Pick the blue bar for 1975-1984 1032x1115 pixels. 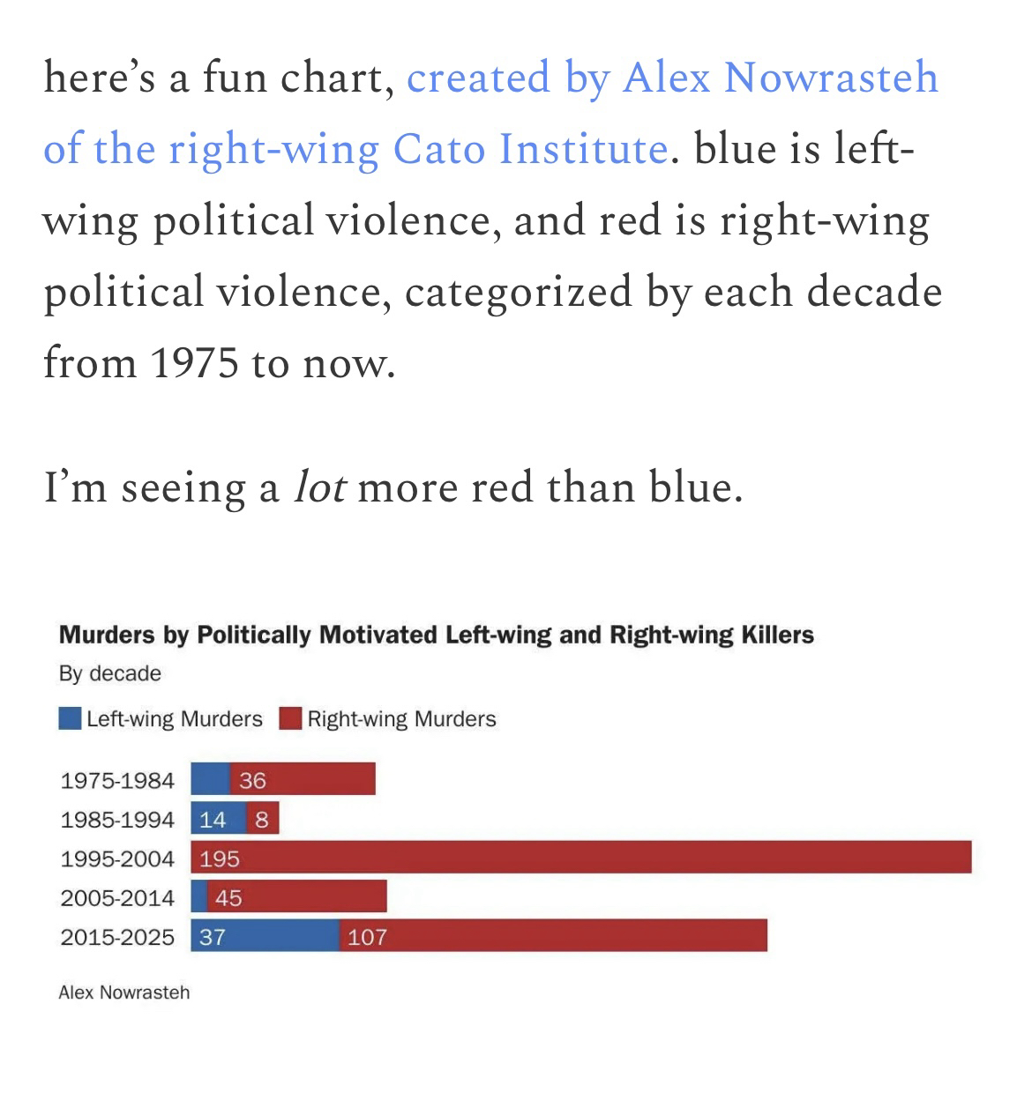(x=210, y=779)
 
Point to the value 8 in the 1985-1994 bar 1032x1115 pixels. (x=262, y=820)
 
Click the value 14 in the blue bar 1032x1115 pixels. (x=213, y=820)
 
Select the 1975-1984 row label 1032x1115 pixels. (x=117, y=781)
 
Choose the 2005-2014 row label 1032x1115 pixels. (x=117, y=898)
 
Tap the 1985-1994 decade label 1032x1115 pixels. (x=117, y=820)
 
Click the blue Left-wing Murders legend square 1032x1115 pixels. (x=70, y=718)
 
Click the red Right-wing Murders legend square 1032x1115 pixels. (x=291, y=718)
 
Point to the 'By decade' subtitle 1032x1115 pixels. (x=110, y=673)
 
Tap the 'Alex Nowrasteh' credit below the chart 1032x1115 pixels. (x=124, y=992)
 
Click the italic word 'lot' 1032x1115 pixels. (x=318, y=487)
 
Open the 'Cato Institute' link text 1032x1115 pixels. (x=529, y=148)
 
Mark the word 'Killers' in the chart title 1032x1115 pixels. (x=778, y=635)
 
